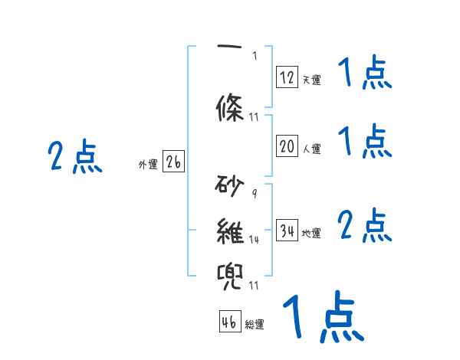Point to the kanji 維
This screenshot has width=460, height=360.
231,229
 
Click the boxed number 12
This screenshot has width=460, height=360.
287,77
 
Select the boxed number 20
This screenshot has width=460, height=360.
287,148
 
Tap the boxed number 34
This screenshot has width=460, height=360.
287,231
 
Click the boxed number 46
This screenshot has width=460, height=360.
229,322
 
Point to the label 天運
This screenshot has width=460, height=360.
311,79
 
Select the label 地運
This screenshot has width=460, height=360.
311,233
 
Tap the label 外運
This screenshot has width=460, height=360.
147,164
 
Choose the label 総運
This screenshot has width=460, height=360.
255,325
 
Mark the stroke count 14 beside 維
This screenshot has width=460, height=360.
255,239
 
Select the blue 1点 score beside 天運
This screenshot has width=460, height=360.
365,74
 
